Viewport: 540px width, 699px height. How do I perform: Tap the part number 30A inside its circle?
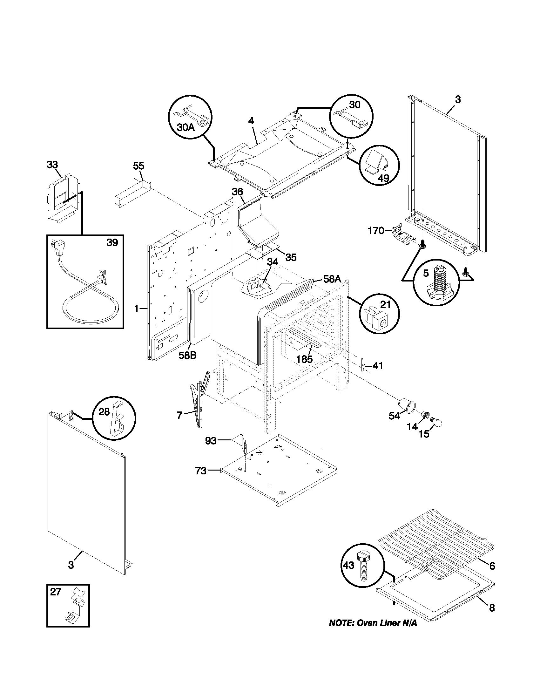(186, 127)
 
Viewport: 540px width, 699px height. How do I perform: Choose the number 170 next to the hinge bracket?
(376, 231)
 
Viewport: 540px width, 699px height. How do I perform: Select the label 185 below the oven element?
(304, 359)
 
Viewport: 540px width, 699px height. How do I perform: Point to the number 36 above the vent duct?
(237, 192)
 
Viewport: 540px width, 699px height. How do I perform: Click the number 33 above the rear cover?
(52, 165)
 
